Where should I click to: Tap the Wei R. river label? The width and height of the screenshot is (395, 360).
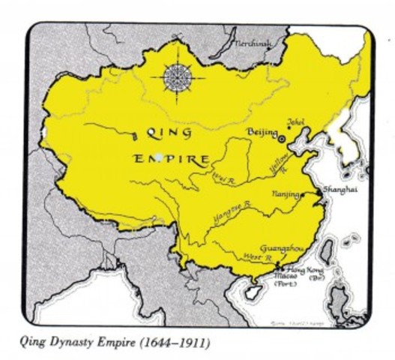(222, 178)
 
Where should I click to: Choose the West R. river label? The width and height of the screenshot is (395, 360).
(256, 257)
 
